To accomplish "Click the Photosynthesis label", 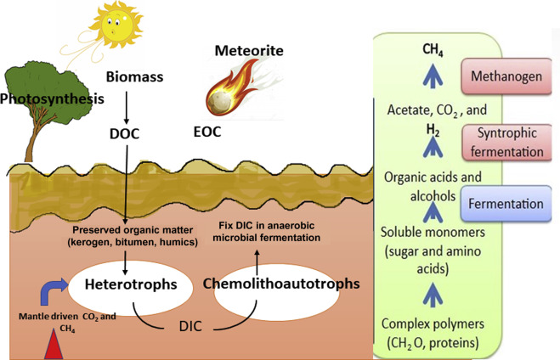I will click(x=52, y=98).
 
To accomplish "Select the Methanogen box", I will click(x=502, y=75).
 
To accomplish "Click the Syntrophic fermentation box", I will click(x=503, y=140).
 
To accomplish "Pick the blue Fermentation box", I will click(x=502, y=204).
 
